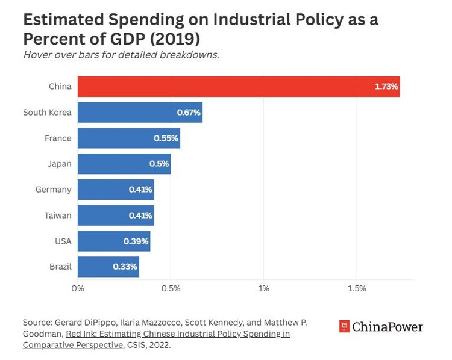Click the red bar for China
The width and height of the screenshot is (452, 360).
(238, 87)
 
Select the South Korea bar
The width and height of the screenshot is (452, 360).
(140, 113)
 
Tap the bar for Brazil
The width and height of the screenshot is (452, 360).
(108, 267)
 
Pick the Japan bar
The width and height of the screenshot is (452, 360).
(124, 164)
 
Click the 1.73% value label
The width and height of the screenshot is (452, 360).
(386, 87)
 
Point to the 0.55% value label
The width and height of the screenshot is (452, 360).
(166, 138)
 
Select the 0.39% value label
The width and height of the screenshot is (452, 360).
(136, 241)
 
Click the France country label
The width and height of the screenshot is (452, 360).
(58, 138)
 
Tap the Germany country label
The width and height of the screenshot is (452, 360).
(53, 190)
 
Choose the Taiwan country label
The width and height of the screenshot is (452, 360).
(58, 216)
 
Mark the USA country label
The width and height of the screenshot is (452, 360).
(63, 241)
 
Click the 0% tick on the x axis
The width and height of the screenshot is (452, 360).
(78, 288)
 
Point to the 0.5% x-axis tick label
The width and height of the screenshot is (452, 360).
(171, 288)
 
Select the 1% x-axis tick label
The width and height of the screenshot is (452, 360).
(264, 288)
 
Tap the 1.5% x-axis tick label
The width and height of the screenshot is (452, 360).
(357, 288)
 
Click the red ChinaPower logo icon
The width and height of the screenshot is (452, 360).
(345, 327)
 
